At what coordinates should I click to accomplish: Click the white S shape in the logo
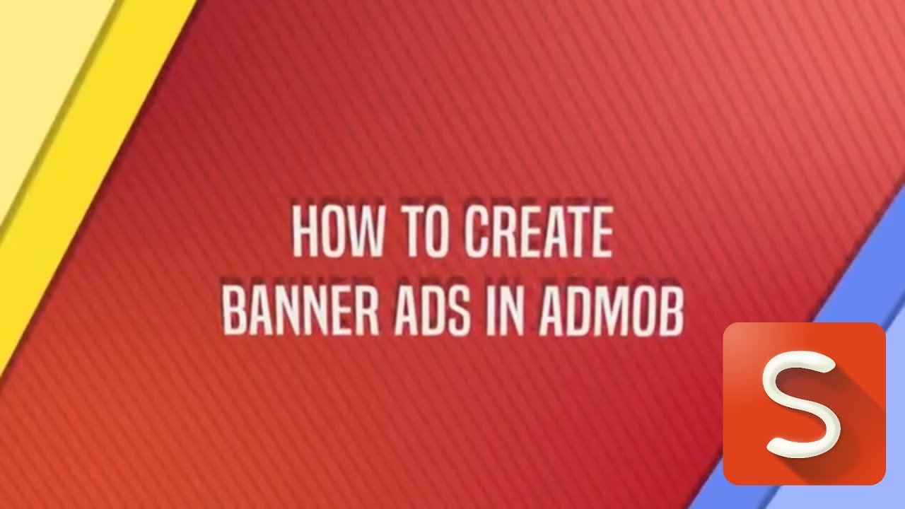[803, 406]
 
